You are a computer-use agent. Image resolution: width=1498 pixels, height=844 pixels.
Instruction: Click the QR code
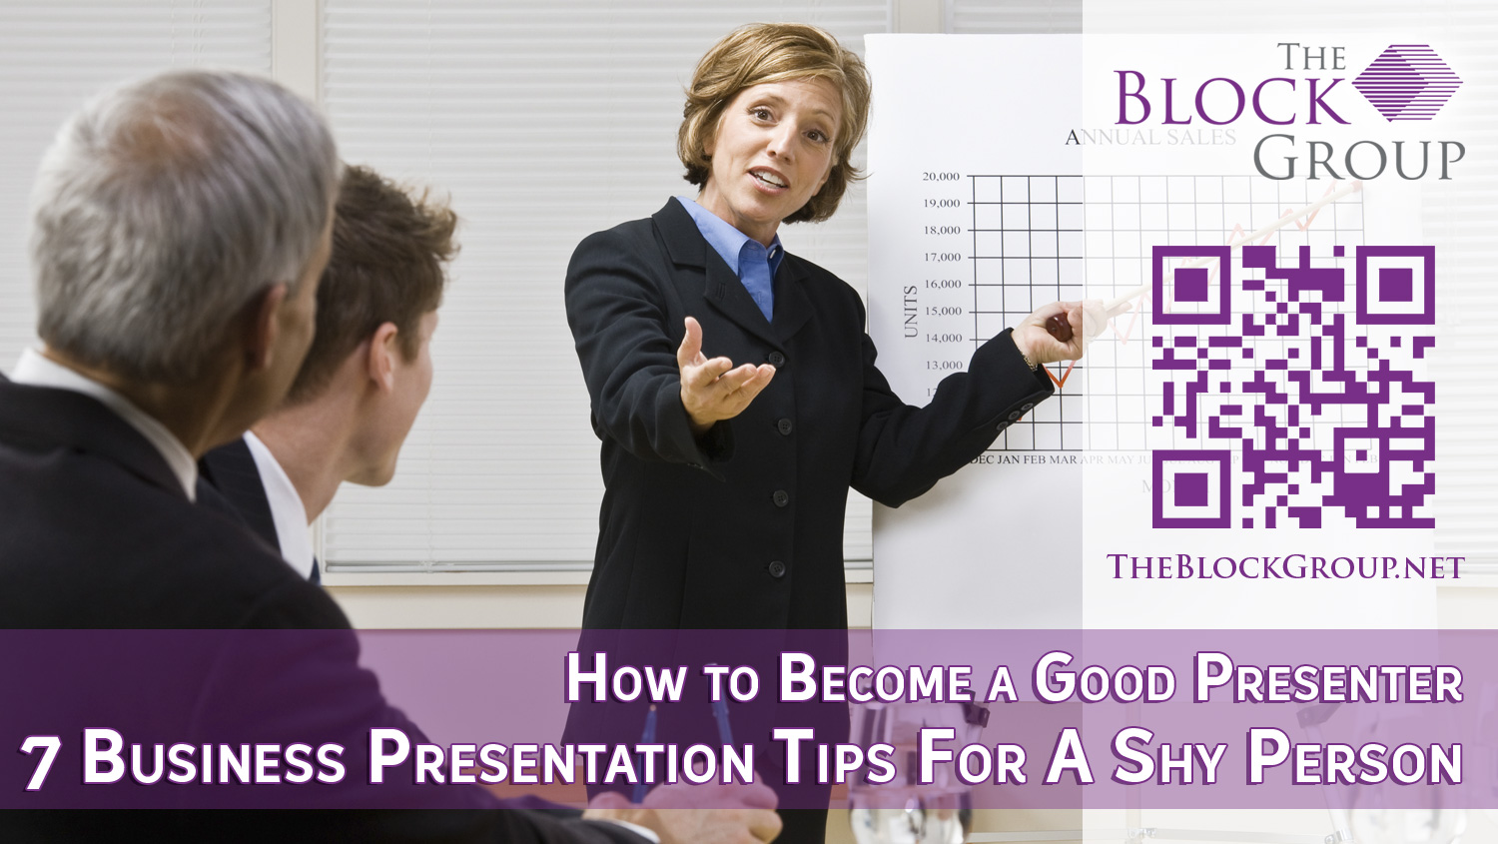point(1293,387)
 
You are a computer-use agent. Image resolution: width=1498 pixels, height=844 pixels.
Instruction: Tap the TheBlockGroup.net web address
point(1285,567)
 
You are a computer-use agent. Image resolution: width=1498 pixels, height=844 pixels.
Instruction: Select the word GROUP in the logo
point(1358,160)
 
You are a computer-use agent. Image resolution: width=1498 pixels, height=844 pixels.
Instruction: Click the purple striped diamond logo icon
point(1407,82)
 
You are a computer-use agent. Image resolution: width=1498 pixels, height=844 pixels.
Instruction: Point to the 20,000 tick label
point(941,177)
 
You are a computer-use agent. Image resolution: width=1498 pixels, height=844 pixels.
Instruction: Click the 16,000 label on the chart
point(942,285)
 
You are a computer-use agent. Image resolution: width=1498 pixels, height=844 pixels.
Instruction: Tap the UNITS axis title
point(910,311)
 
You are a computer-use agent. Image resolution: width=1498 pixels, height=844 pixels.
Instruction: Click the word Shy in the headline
point(1168,759)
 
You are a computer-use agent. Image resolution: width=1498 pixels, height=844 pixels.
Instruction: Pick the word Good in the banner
point(1105,680)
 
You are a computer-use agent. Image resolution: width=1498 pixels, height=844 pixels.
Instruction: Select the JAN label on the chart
point(1009,459)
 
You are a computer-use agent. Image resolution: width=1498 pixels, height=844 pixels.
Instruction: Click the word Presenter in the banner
point(1329,680)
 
